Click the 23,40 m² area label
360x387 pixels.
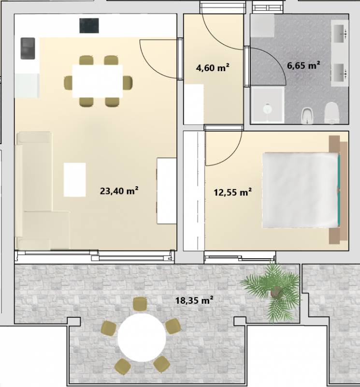[x=119, y=191]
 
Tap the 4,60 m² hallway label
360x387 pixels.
[x=213, y=67]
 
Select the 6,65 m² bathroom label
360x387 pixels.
[x=303, y=65]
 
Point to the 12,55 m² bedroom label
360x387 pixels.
[x=232, y=192]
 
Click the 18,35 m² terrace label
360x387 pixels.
[x=194, y=300]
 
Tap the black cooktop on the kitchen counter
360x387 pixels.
[x=89, y=26]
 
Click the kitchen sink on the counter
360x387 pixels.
[x=28, y=48]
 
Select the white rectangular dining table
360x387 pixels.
[x=98, y=81]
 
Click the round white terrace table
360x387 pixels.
[x=142, y=337]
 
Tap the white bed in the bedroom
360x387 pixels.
[x=301, y=190]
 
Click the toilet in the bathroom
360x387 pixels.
[x=331, y=113]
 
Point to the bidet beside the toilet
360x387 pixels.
[x=307, y=116]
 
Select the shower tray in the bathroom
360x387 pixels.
[x=268, y=104]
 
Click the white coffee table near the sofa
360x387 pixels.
[x=75, y=179]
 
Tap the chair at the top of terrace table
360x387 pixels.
[x=140, y=304]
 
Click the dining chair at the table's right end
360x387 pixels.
[x=128, y=82]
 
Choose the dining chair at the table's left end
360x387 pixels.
[x=68, y=82]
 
